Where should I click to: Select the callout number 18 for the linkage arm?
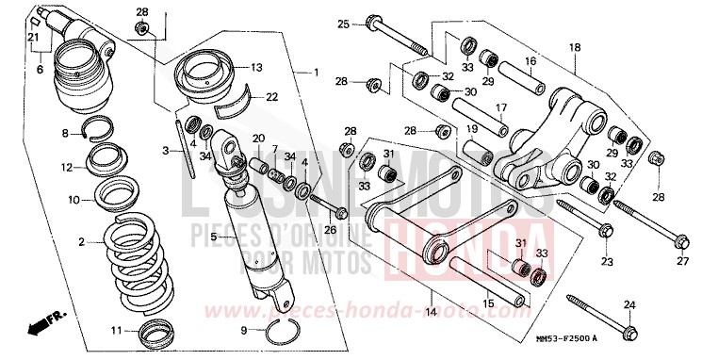click(574, 47)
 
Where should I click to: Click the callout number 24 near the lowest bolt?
click(629, 303)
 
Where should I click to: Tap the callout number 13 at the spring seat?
click(256, 67)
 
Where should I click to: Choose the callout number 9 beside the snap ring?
click(246, 331)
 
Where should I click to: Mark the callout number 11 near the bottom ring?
click(116, 330)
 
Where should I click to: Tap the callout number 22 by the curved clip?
click(271, 96)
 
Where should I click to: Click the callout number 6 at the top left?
click(41, 70)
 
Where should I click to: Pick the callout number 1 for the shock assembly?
click(317, 73)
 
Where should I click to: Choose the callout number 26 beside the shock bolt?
click(330, 229)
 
